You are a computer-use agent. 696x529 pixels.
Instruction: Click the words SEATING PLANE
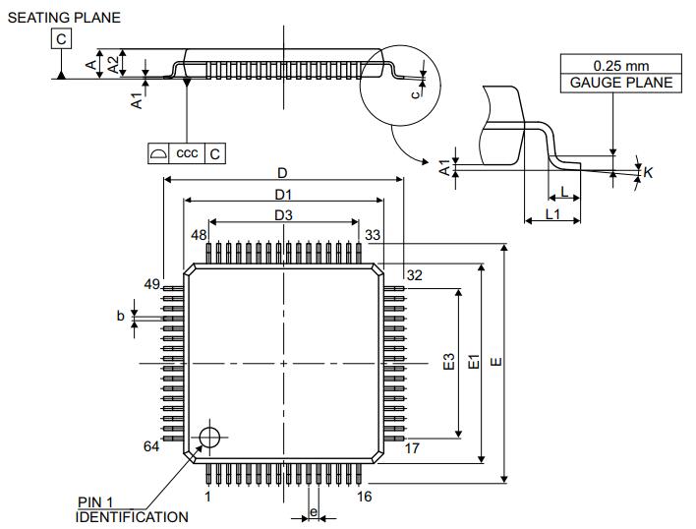coord(64,18)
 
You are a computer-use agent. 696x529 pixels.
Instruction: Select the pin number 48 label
coord(199,235)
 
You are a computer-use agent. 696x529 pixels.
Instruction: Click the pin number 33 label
coord(373,235)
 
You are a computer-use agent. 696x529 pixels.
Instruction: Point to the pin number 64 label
coord(151,446)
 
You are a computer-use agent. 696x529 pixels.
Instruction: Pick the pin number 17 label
coord(412,448)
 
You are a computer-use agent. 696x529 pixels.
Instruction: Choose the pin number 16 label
coord(364,497)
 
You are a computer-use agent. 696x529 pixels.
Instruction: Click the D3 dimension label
coord(283,215)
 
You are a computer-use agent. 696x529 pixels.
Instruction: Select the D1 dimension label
coord(283,195)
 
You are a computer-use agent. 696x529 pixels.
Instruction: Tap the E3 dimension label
coord(449,362)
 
